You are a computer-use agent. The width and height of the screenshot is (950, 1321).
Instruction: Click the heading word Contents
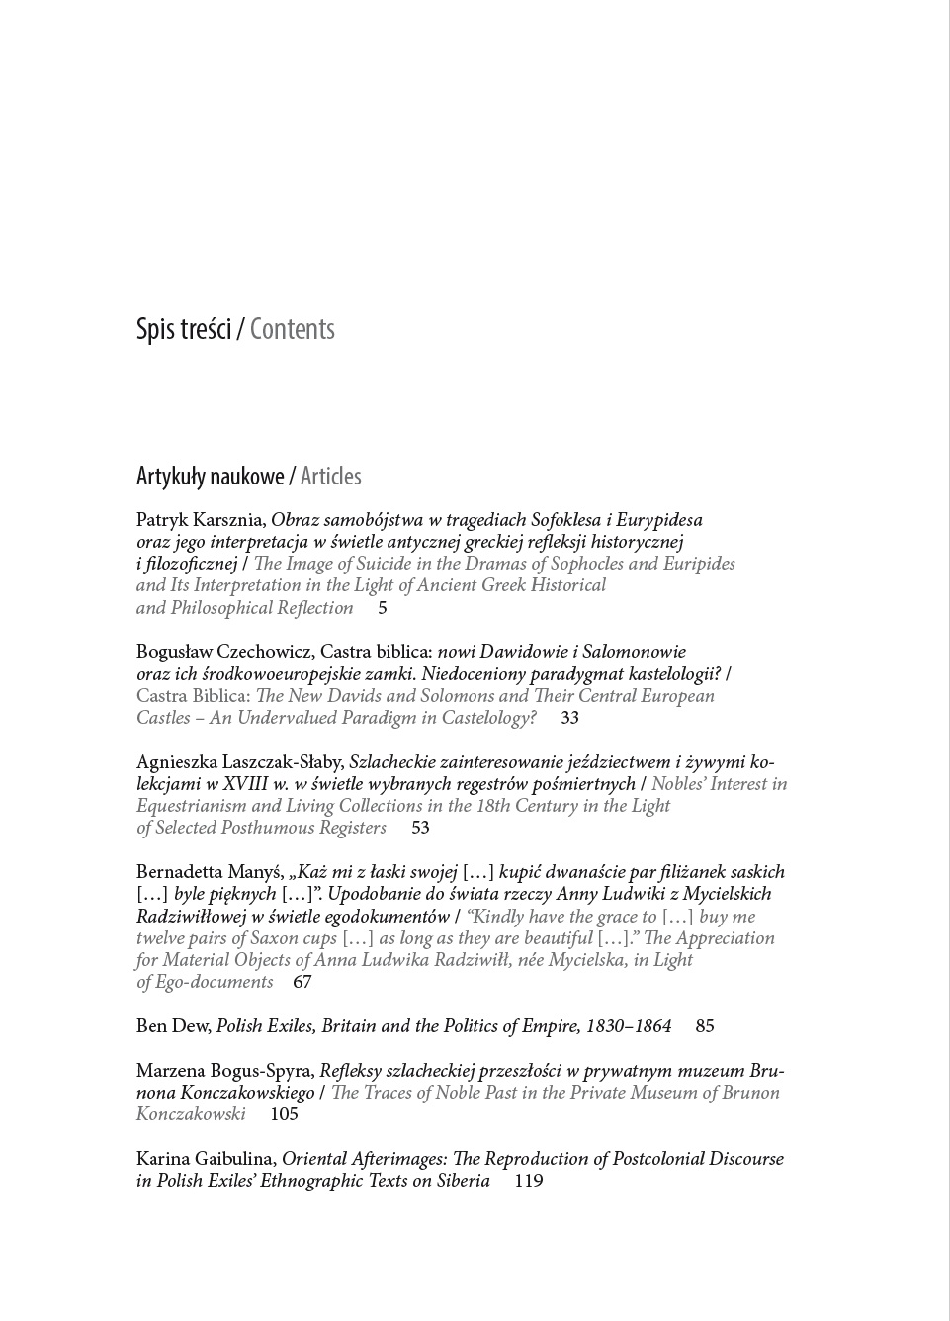point(293,330)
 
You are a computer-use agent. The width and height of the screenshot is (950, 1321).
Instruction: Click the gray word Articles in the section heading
point(331,477)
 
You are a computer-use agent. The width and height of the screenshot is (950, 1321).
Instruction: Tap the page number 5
point(383,608)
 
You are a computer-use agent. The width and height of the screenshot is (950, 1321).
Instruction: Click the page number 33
point(569,718)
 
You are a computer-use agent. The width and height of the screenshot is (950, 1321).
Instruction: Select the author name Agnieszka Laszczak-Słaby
point(239,762)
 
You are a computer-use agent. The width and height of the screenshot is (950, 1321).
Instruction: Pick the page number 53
point(420,828)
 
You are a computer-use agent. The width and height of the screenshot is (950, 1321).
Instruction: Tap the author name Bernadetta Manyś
point(209,872)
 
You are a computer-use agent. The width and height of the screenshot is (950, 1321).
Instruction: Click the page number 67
point(302,982)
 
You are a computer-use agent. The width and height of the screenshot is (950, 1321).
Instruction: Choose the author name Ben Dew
point(172,1026)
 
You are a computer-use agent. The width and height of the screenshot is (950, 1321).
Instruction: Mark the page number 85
point(705,1026)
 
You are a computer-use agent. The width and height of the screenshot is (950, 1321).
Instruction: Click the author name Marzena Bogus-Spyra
point(224,1071)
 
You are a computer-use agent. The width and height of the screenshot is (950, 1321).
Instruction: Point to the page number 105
point(284,1114)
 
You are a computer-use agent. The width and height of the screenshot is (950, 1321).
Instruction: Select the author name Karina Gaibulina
point(206,1159)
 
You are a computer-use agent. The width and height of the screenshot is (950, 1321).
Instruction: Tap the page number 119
point(529,1181)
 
